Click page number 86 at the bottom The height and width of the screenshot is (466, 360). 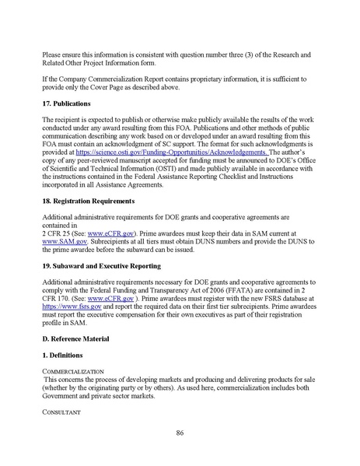coord(180,433)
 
